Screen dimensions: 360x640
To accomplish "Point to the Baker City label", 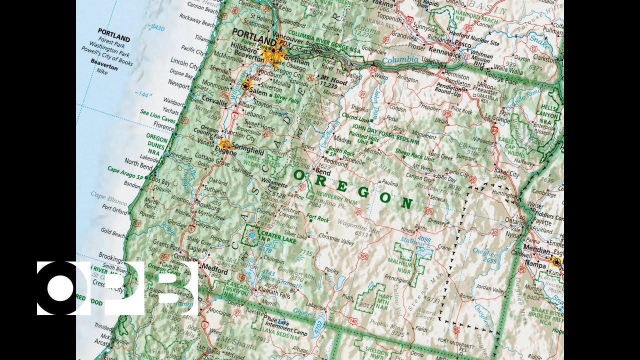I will (506, 173).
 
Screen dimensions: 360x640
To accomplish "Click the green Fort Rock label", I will (317, 218).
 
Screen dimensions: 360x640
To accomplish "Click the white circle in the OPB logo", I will (61, 288).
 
